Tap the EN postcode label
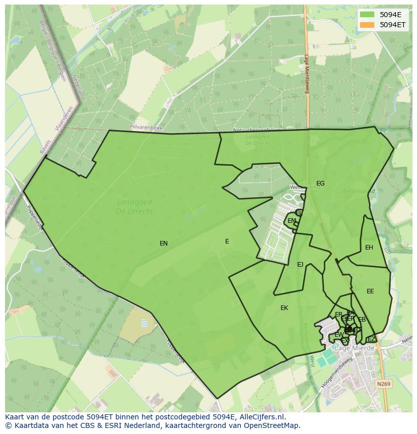pos(164,243)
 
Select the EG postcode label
pos(320,183)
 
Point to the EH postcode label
pos(369,247)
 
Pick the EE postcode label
pos(370,291)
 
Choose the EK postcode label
pos(284,308)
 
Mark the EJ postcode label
pos(300,265)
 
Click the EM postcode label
pos(292,221)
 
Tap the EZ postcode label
pos(371,339)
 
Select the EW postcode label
pos(339,335)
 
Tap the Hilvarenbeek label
pos(146,129)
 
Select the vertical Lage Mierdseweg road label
pos(307,74)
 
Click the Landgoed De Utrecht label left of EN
pos(134,206)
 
